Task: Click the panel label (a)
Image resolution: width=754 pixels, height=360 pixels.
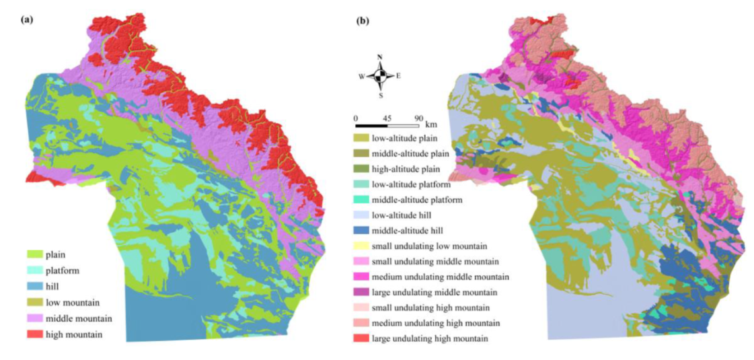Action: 28,20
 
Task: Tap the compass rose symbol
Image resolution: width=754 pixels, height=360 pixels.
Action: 380,75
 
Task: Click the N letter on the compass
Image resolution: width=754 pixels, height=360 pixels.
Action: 380,58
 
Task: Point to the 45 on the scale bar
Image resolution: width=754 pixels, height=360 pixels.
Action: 387,118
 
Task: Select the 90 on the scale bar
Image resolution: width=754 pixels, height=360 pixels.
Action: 418,118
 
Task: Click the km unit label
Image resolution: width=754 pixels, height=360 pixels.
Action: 431,124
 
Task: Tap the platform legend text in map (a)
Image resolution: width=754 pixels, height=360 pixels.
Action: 63,271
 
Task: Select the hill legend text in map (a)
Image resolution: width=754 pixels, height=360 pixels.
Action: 53,287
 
